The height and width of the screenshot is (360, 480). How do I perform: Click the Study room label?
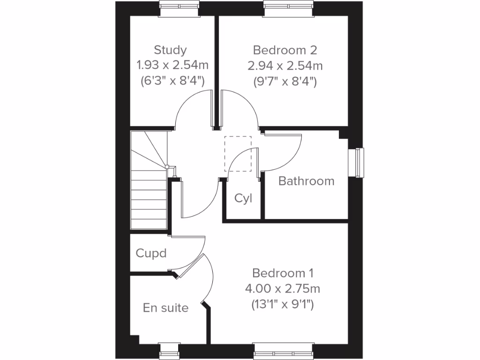(170, 50)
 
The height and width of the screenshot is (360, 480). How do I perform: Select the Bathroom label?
(307, 181)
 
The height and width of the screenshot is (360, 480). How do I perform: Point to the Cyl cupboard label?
(243, 198)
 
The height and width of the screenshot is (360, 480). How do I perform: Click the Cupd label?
(151, 254)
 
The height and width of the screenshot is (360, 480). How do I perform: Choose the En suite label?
(166, 308)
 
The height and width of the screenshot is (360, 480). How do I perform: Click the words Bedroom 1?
(283, 273)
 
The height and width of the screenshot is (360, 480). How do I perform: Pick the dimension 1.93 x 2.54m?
(170, 65)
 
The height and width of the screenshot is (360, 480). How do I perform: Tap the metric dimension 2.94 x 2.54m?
(285, 65)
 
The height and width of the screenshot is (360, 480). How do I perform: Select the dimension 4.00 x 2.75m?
(283, 288)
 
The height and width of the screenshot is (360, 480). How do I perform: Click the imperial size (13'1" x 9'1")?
(283, 304)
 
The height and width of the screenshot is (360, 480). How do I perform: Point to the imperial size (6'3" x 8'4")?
(172, 81)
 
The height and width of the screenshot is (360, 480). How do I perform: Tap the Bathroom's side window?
(359, 162)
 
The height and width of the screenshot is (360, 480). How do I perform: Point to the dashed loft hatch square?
(238, 154)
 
